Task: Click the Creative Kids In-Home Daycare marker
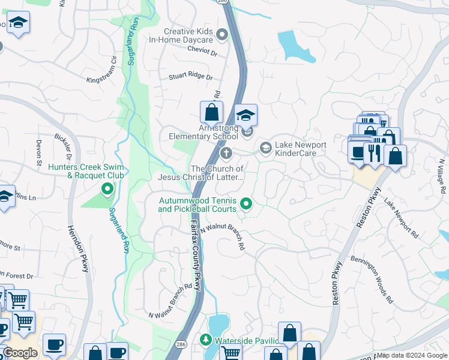[x=222, y=35]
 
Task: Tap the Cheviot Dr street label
[x=202, y=53]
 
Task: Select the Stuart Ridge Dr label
[x=190, y=77]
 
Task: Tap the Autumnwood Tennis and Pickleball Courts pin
[x=246, y=205]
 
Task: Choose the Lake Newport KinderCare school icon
[x=265, y=147]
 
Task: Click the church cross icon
[x=226, y=154]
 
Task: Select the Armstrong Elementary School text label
[x=203, y=132]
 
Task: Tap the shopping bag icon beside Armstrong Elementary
[x=211, y=112]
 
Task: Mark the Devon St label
[x=40, y=148]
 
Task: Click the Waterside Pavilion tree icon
[x=206, y=341]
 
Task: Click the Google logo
[x=20, y=353]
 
